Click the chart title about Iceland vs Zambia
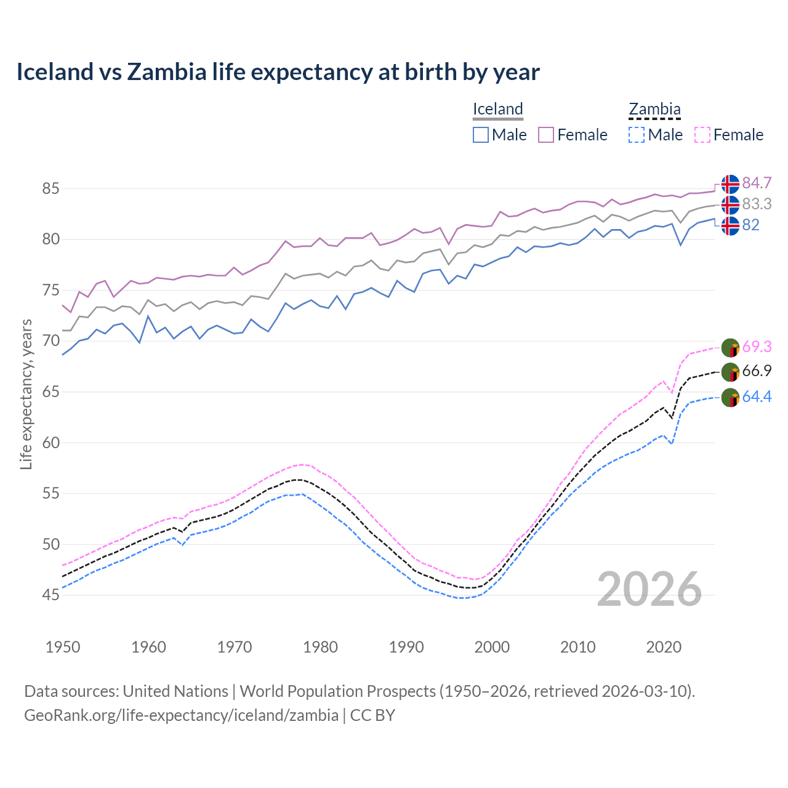(x=278, y=72)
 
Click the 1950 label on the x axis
(x=63, y=647)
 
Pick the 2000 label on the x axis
(x=492, y=647)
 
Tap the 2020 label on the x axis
(x=664, y=647)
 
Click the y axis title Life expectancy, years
(x=26, y=394)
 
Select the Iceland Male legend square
(x=481, y=135)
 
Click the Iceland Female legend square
(x=546, y=135)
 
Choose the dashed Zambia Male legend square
(x=637, y=135)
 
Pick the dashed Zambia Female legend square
(x=702, y=135)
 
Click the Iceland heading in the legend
(x=497, y=109)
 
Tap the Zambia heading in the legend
(x=654, y=109)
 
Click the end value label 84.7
(x=757, y=183)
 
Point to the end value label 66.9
(x=757, y=371)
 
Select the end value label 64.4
(x=757, y=397)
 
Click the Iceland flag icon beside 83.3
(x=730, y=204)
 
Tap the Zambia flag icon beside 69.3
(x=730, y=347)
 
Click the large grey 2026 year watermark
(x=649, y=589)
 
